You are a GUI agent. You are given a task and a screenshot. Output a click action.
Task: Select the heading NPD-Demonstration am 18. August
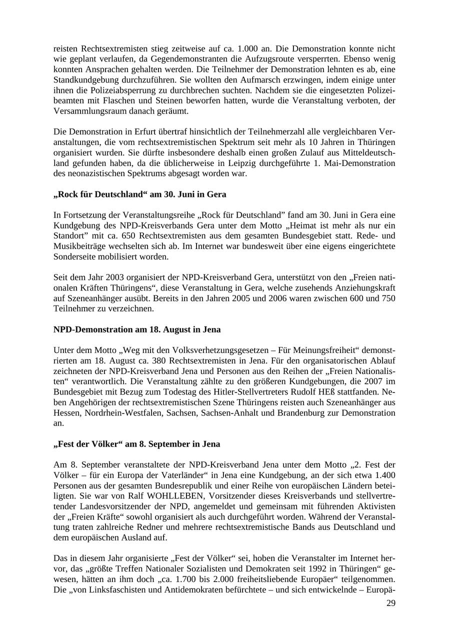pyautogui.click(x=137, y=330)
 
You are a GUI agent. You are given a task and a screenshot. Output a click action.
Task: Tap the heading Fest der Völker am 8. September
pyautogui.click(x=136, y=444)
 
